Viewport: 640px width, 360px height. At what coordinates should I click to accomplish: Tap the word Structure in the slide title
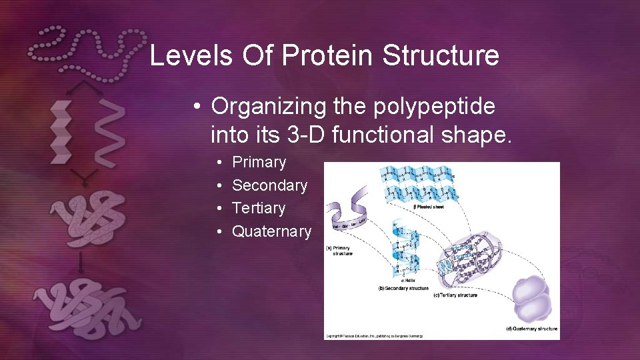441,55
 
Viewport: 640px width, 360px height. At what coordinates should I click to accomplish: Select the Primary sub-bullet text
259,162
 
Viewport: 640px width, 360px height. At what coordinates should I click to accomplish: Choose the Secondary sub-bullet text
269,185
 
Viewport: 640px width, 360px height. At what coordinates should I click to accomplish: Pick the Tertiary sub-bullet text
258,208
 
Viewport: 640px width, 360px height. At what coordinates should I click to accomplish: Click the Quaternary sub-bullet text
271,231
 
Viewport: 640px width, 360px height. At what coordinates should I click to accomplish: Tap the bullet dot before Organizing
198,106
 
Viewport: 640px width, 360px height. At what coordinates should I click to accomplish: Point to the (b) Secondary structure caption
403,288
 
